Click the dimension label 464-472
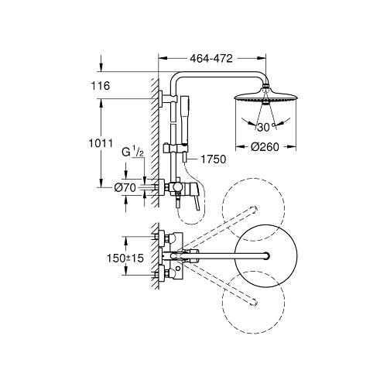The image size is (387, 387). click(x=211, y=59)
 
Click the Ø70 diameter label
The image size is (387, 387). click(x=125, y=187)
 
